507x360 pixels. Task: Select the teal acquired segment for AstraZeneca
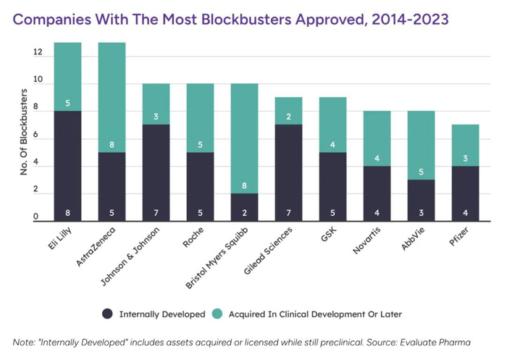pos(112,97)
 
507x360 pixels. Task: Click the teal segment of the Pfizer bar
pos(465,146)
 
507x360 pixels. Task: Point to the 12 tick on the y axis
pos(37,53)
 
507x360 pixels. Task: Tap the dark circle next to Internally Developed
pos(107,314)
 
